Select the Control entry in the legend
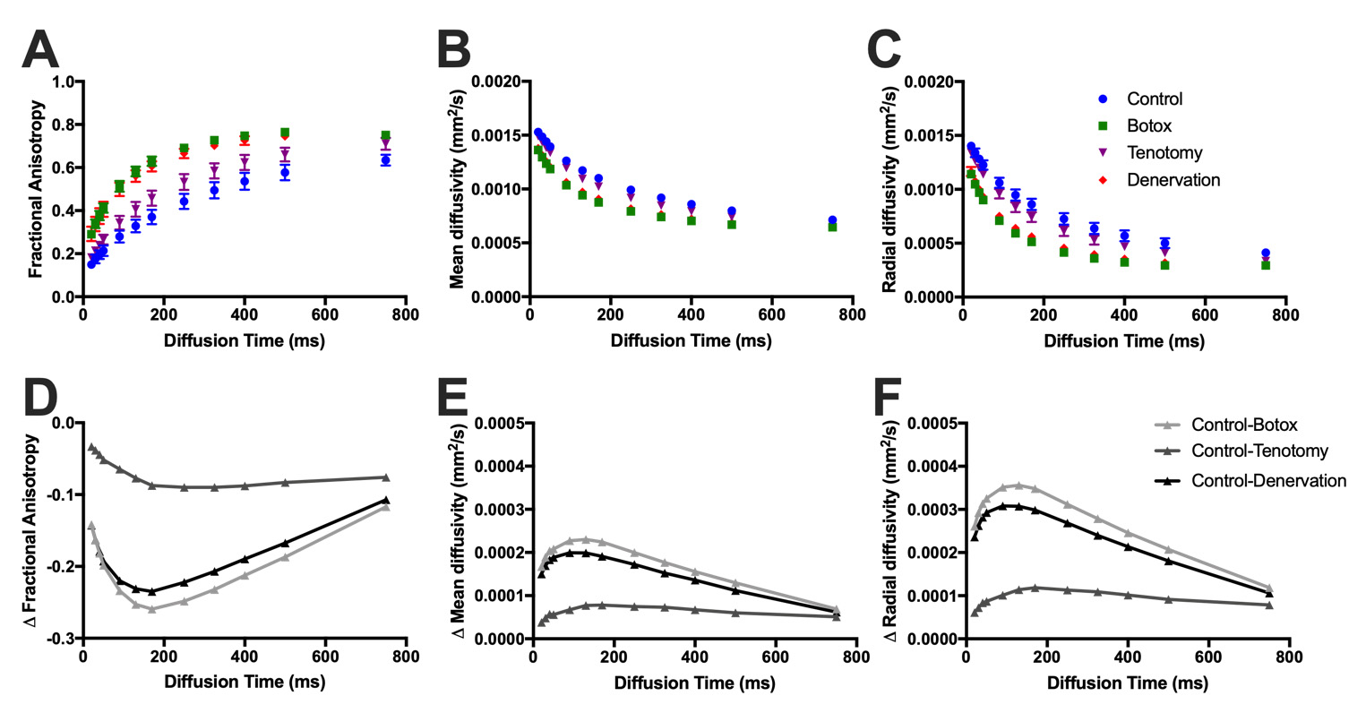pyautogui.click(x=1154, y=99)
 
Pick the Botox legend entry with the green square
pyautogui.click(x=1149, y=126)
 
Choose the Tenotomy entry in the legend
pyautogui.click(x=1164, y=153)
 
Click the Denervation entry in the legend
pyautogui.click(x=1173, y=180)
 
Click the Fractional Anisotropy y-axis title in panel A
pyautogui.click(x=36, y=189)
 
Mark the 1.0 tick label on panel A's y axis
pyautogui.click(x=63, y=82)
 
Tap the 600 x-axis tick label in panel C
pyautogui.click(x=1205, y=315)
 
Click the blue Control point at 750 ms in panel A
pyautogui.click(x=385, y=159)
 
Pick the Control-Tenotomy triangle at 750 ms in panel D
pyautogui.click(x=386, y=477)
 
